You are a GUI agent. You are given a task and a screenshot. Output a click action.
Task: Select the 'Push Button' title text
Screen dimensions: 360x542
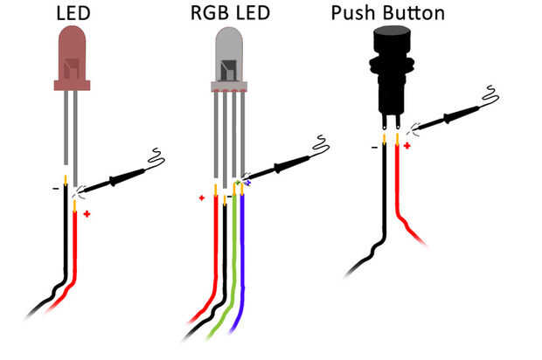(x=388, y=14)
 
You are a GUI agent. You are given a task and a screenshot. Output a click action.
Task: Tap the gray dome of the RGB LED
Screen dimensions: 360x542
(x=229, y=57)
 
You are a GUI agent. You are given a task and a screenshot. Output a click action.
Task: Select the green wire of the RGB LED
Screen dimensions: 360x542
(x=233, y=262)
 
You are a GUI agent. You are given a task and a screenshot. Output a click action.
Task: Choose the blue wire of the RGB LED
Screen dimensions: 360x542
(x=243, y=262)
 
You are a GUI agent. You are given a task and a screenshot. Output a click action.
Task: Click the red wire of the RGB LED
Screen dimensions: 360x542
(x=215, y=253)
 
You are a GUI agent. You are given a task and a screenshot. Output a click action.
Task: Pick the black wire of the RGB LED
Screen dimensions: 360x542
(x=225, y=262)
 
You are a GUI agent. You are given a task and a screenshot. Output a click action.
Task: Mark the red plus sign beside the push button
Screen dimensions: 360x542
(x=406, y=145)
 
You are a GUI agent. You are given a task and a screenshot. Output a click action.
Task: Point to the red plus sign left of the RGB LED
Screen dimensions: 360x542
(x=202, y=198)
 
